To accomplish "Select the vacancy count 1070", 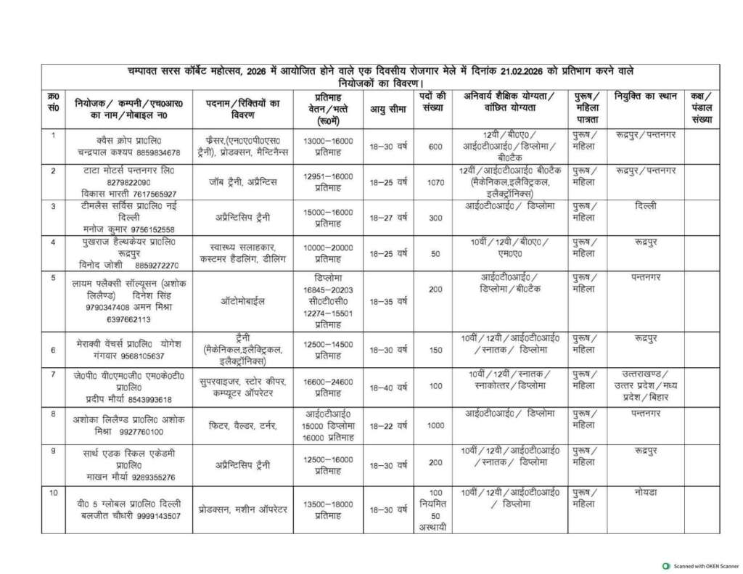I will coord(435,182).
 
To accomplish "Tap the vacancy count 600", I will coord(435,147).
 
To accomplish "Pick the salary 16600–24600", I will coord(328,381).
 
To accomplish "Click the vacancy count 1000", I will coord(435,425).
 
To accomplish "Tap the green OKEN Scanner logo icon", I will coord(666,565).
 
